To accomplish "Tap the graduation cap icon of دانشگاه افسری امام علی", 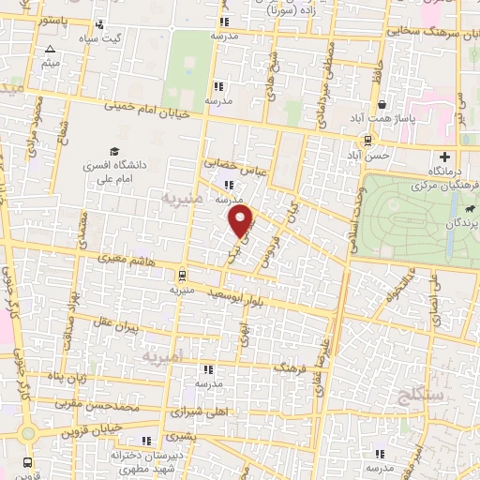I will (113, 151).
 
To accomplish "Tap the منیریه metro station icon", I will (181, 275).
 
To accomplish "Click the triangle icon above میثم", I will (50, 47).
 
